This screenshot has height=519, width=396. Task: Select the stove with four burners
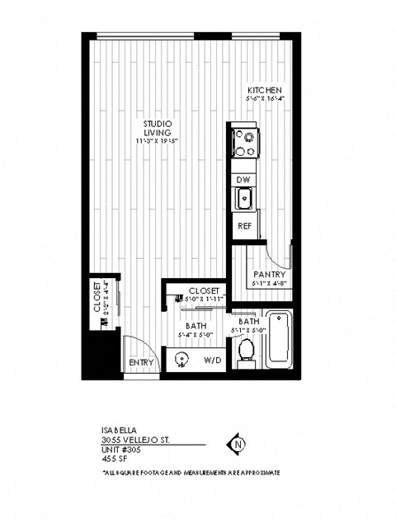coord(244,142)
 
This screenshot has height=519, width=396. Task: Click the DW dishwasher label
coord(243,179)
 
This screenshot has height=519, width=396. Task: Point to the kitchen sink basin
coord(244,198)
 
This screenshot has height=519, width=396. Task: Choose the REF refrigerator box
coord(244,224)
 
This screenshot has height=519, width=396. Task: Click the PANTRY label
coord(270,274)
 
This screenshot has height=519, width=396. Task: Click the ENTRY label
coord(141,362)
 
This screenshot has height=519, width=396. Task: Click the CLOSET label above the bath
coord(204,290)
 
